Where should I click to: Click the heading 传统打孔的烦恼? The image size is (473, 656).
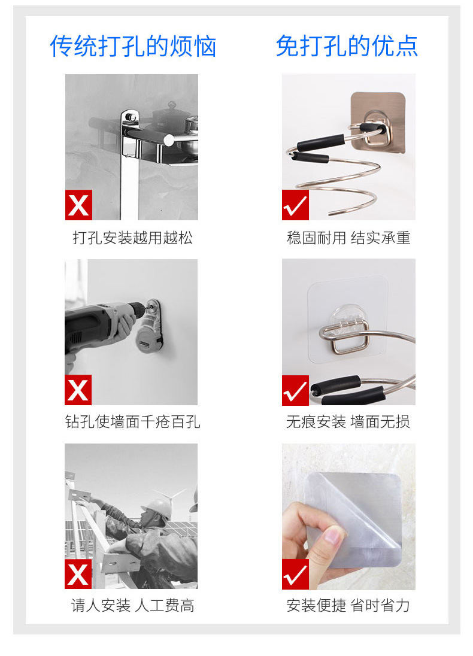[x=133, y=47]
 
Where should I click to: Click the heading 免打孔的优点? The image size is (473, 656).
[x=347, y=46]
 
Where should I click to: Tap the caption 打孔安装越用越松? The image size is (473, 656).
[x=133, y=238]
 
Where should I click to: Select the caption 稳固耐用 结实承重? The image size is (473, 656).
[x=348, y=238]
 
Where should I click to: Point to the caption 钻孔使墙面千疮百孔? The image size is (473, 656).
[x=133, y=422]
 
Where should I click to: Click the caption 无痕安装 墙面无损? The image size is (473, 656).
[x=348, y=422]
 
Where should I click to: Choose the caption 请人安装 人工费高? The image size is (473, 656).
[x=133, y=606]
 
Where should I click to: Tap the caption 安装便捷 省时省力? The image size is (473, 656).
[x=348, y=606]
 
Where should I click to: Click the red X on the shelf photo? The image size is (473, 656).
[x=78, y=205]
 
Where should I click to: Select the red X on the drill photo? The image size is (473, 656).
[x=78, y=390]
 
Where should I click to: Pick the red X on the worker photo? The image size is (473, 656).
[x=78, y=575]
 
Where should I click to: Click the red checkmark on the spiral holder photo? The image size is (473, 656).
[x=295, y=205]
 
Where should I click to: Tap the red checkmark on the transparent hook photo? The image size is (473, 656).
[x=295, y=390]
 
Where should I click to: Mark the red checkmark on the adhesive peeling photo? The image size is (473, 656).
[x=295, y=575]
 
